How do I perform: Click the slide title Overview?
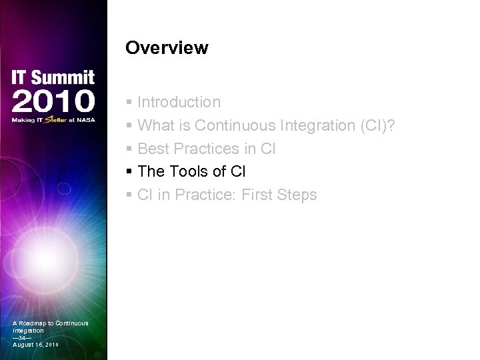click(x=167, y=49)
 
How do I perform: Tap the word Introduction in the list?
click(x=179, y=102)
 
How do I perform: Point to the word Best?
click(x=152, y=149)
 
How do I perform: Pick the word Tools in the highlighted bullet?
click(x=188, y=171)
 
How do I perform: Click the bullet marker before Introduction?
click(x=129, y=103)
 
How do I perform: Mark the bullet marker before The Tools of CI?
click(x=129, y=172)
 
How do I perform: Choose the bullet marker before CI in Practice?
click(x=129, y=195)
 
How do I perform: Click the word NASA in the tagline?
click(x=85, y=121)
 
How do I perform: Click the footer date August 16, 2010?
click(x=36, y=345)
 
